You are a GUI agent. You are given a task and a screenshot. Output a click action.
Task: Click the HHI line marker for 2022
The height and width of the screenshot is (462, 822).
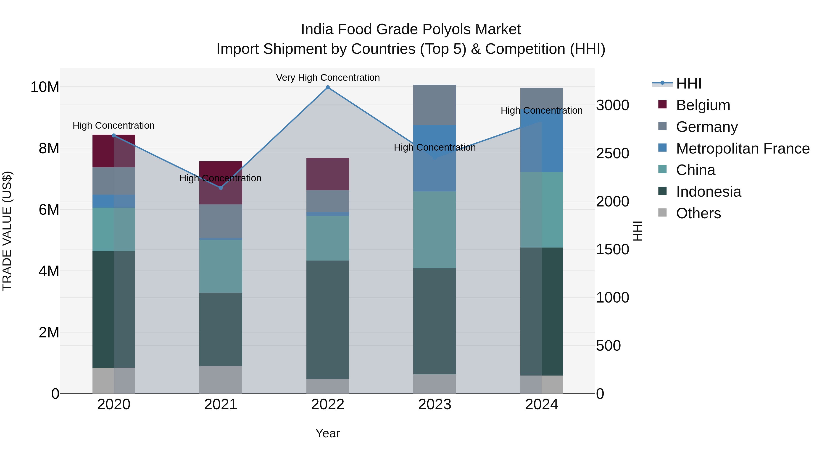click(327, 87)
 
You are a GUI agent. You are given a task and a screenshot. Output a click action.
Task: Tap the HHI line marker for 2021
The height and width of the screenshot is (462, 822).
click(221, 188)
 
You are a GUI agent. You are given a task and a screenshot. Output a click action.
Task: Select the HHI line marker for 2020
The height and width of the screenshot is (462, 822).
click(114, 136)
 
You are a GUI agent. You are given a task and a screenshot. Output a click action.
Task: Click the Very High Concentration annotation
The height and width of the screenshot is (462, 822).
click(328, 78)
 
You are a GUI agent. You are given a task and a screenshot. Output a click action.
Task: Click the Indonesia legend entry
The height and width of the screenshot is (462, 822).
click(708, 192)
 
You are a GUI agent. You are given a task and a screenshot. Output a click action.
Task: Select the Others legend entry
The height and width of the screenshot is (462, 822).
click(698, 213)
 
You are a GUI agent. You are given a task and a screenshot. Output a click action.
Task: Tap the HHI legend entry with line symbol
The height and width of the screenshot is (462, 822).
click(688, 84)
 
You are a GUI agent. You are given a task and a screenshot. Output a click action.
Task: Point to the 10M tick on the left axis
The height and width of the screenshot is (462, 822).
click(45, 87)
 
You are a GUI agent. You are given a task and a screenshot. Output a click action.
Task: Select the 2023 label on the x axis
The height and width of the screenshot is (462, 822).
click(434, 405)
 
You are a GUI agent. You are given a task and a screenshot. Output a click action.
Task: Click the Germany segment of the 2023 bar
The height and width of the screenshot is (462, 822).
click(434, 105)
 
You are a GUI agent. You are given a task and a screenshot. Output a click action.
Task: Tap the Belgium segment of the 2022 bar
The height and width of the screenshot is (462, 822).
click(327, 174)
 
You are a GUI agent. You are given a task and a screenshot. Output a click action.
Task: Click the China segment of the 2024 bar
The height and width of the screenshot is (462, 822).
click(542, 210)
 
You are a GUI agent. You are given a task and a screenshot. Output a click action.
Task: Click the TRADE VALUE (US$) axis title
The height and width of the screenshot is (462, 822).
click(7, 231)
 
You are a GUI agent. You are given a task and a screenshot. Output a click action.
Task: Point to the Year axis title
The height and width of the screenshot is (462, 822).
click(327, 433)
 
